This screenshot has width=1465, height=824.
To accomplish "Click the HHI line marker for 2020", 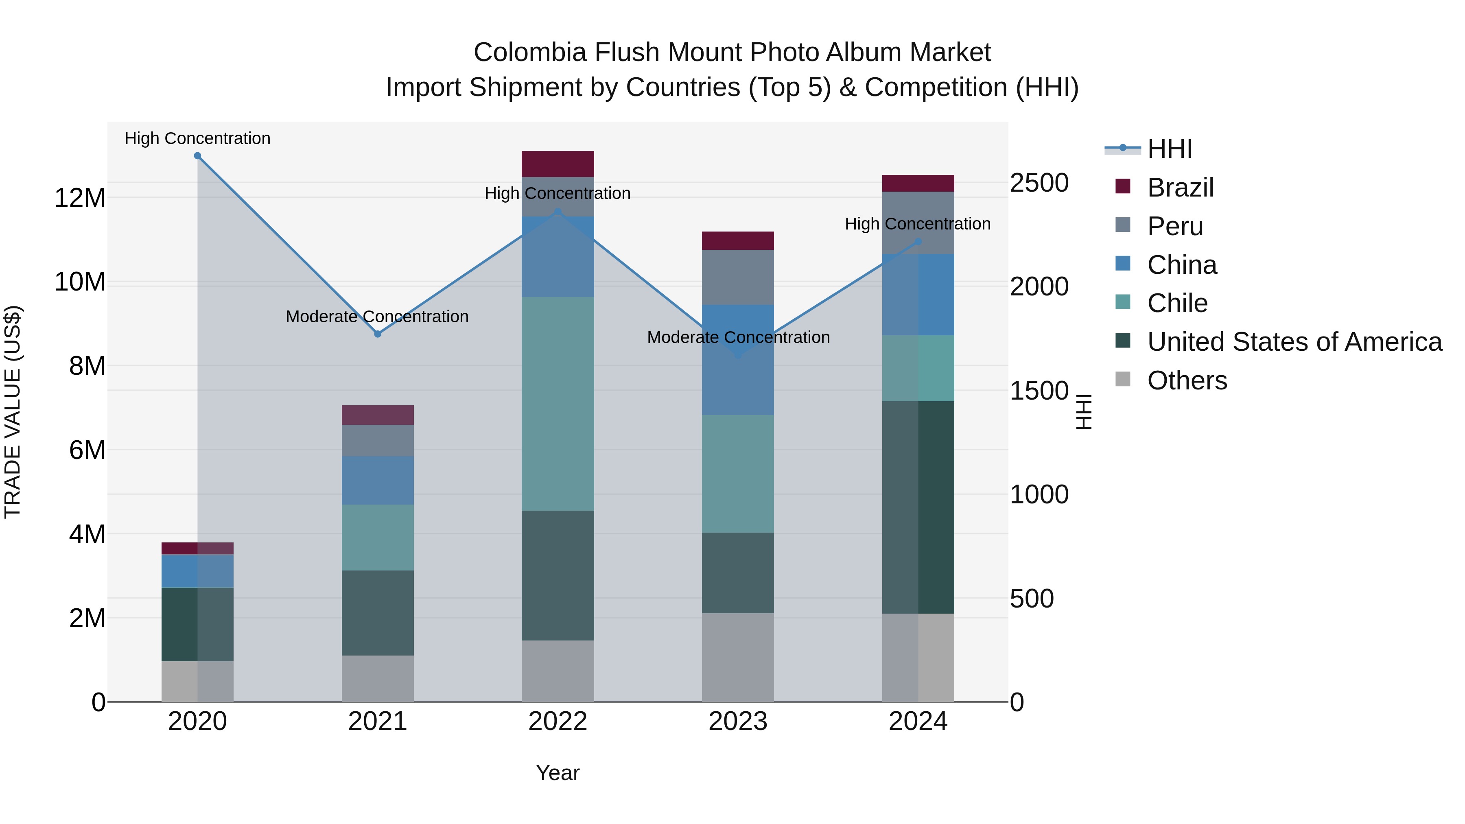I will point(197,156).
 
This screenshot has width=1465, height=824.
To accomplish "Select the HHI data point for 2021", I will point(378,334).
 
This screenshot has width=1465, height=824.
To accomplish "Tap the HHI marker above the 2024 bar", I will point(918,242).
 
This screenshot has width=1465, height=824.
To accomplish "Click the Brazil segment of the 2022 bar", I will point(558,164).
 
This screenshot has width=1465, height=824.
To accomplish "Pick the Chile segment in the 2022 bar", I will point(558,404).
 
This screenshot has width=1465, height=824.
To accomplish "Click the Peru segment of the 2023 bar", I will point(738,277).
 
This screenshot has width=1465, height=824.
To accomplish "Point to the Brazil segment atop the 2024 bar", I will point(918,183).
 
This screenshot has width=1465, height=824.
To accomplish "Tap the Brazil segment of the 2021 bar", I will point(378,415).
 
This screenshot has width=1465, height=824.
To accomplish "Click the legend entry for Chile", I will point(1177,303).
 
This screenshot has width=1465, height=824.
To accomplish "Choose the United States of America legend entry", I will point(1294,342).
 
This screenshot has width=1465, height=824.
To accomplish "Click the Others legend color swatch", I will point(1123,379).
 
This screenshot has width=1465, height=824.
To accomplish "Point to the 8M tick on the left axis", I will point(87,366).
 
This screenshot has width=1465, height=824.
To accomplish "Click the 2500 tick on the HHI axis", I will point(1039,183).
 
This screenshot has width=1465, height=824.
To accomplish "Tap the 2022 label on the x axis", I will point(558,721).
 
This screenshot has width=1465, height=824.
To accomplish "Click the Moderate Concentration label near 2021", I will point(377,316).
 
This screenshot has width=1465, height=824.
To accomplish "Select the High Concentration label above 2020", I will point(197,138).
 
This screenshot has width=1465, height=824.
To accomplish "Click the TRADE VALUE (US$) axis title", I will point(13,412).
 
